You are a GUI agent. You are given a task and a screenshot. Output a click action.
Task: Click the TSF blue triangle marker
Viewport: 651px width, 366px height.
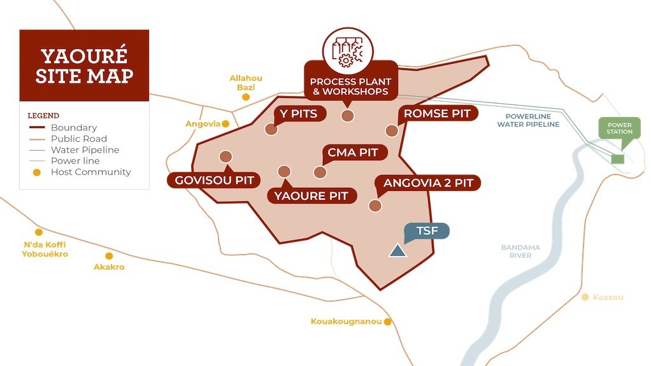coord(398,251)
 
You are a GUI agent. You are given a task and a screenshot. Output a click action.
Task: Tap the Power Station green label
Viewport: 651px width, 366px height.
coord(619,128)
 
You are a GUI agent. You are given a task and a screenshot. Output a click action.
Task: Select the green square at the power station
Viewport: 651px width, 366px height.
coord(617,159)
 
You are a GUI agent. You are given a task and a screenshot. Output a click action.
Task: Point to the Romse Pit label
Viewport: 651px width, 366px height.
coord(438,114)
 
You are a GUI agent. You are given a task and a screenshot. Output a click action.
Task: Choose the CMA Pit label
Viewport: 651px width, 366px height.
coord(352,153)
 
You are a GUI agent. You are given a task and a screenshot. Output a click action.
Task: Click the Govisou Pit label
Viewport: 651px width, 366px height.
coord(214,180)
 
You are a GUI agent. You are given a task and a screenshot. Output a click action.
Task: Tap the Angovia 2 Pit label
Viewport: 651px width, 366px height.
coord(428,183)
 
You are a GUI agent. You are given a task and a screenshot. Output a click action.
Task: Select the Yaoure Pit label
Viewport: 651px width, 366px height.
coord(311,195)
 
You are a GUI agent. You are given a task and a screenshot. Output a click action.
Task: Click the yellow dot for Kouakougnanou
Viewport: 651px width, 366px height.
coord(387,322)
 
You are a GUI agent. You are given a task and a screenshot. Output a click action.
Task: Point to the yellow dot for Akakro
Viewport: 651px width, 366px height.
coord(109,256)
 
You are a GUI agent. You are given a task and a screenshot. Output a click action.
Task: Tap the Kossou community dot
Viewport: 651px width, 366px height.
coord(585,297)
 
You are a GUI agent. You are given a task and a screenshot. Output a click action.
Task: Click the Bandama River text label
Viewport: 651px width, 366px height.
coord(520,251)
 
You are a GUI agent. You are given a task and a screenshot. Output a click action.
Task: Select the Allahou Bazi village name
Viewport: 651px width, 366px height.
coord(246,83)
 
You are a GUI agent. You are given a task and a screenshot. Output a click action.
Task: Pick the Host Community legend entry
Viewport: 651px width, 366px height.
coord(90,172)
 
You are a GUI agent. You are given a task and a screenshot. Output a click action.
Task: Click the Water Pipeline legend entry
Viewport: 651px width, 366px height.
coord(85,150)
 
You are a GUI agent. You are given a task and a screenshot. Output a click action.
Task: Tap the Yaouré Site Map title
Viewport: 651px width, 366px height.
coord(84,66)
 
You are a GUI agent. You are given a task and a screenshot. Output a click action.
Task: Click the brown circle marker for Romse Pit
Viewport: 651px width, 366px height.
coord(391,130)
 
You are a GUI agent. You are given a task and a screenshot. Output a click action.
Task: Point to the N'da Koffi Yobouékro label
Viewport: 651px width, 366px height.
coord(45,249)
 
